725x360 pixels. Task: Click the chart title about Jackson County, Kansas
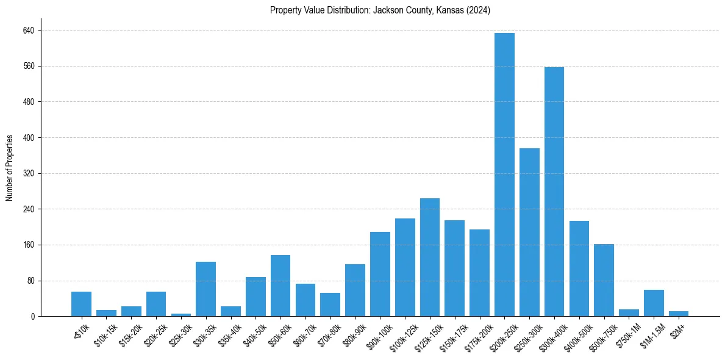pyautogui.click(x=380, y=10)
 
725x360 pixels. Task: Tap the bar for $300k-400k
pyautogui.click(x=554, y=192)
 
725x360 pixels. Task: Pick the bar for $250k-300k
pyautogui.click(x=529, y=232)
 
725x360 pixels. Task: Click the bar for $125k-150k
pyautogui.click(x=430, y=257)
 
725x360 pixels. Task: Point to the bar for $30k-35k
pyautogui.click(x=205, y=289)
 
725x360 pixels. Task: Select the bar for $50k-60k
pyautogui.click(x=280, y=286)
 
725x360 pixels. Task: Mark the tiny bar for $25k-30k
pyautogui.click(x=181, y=315)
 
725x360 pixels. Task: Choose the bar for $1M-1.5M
pyautogui.click(x=654, y=303)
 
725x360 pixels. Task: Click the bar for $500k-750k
pyautogui.click(x=604, y=280)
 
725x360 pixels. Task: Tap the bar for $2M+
pyautogui.click(x=679, y=314)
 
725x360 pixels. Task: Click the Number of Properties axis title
pyautogui.click(x=10, y=168)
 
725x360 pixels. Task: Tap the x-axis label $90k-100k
pyautogui.click(x=378, y=333)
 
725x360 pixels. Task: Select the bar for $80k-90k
pyautogui.click(x=355, y=290)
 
